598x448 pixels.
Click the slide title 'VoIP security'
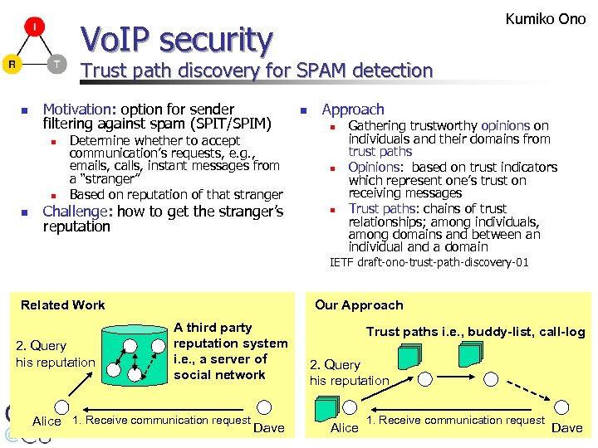click(176, 39)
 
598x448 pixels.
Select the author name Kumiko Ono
click(546, 18)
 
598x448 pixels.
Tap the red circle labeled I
click(34, 27)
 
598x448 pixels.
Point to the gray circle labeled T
click(56, 65)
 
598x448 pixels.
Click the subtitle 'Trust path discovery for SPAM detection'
click(256, 71)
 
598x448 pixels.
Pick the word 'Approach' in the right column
click(353, 109)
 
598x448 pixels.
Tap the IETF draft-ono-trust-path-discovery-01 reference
click(429, 263)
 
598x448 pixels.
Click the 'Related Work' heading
click(63, 304)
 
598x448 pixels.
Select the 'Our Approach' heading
click(359, 304)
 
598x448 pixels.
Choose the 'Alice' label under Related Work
click(47, 421)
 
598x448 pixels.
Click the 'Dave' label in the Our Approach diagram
click(567, 427)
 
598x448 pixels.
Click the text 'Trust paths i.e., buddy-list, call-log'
click(475, 332)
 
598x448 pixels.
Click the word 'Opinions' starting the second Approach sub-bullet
click(374, 167)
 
